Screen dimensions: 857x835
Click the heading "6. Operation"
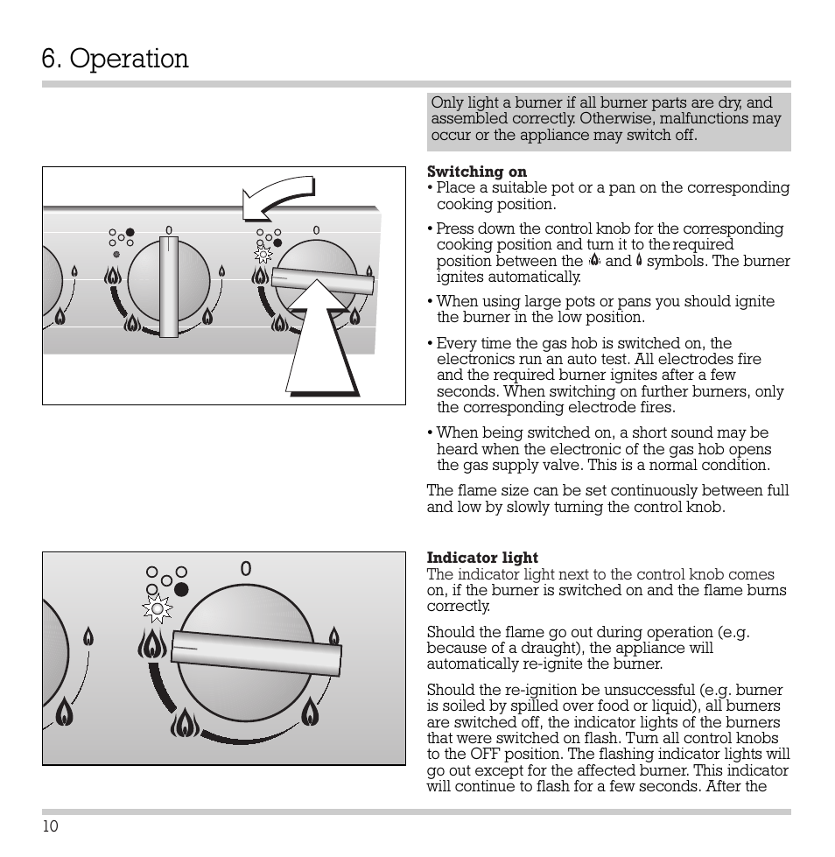[115, 59]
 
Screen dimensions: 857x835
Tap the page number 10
[50, 827]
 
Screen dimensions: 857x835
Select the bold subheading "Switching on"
[476, 172]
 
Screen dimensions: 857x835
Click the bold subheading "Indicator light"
[482, 558]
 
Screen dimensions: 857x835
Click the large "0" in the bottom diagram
[246, 569]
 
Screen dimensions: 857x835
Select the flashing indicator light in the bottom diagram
[158, 608]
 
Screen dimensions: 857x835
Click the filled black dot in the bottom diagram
[181, 588]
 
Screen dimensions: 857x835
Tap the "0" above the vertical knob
[169, 231]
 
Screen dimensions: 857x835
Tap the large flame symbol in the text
[594, 260]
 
